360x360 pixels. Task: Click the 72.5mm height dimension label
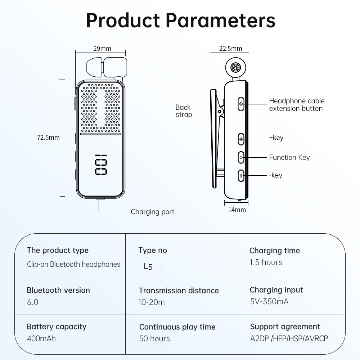click(x=49, y=137)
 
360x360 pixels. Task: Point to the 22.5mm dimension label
click(x=230, y=49)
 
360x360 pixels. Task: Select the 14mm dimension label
click(x=237, y=210)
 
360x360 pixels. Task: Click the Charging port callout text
click(x=152, y=212)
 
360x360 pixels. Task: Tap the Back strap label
click(x=183, y=111)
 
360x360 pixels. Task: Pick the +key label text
click(x=276, y=138)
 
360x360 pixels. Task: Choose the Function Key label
click(x=289, y=157)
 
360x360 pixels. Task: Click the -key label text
click(x=276, y=175)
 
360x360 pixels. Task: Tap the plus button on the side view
click(x=242, y=139)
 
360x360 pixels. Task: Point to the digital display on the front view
click(x=101, y=165)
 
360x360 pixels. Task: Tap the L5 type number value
click(x=148, y=267)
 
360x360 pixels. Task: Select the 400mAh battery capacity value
click(x=41, y=338)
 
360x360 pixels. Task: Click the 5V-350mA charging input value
click(x=269, y=302)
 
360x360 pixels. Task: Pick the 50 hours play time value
click(x=154, y=338)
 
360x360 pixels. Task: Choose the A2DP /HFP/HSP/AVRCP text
click(x=289, y=338)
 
